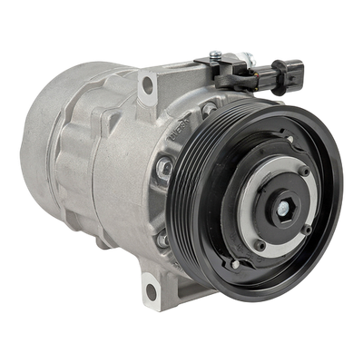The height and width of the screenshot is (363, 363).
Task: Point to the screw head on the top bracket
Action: (216, 54)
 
